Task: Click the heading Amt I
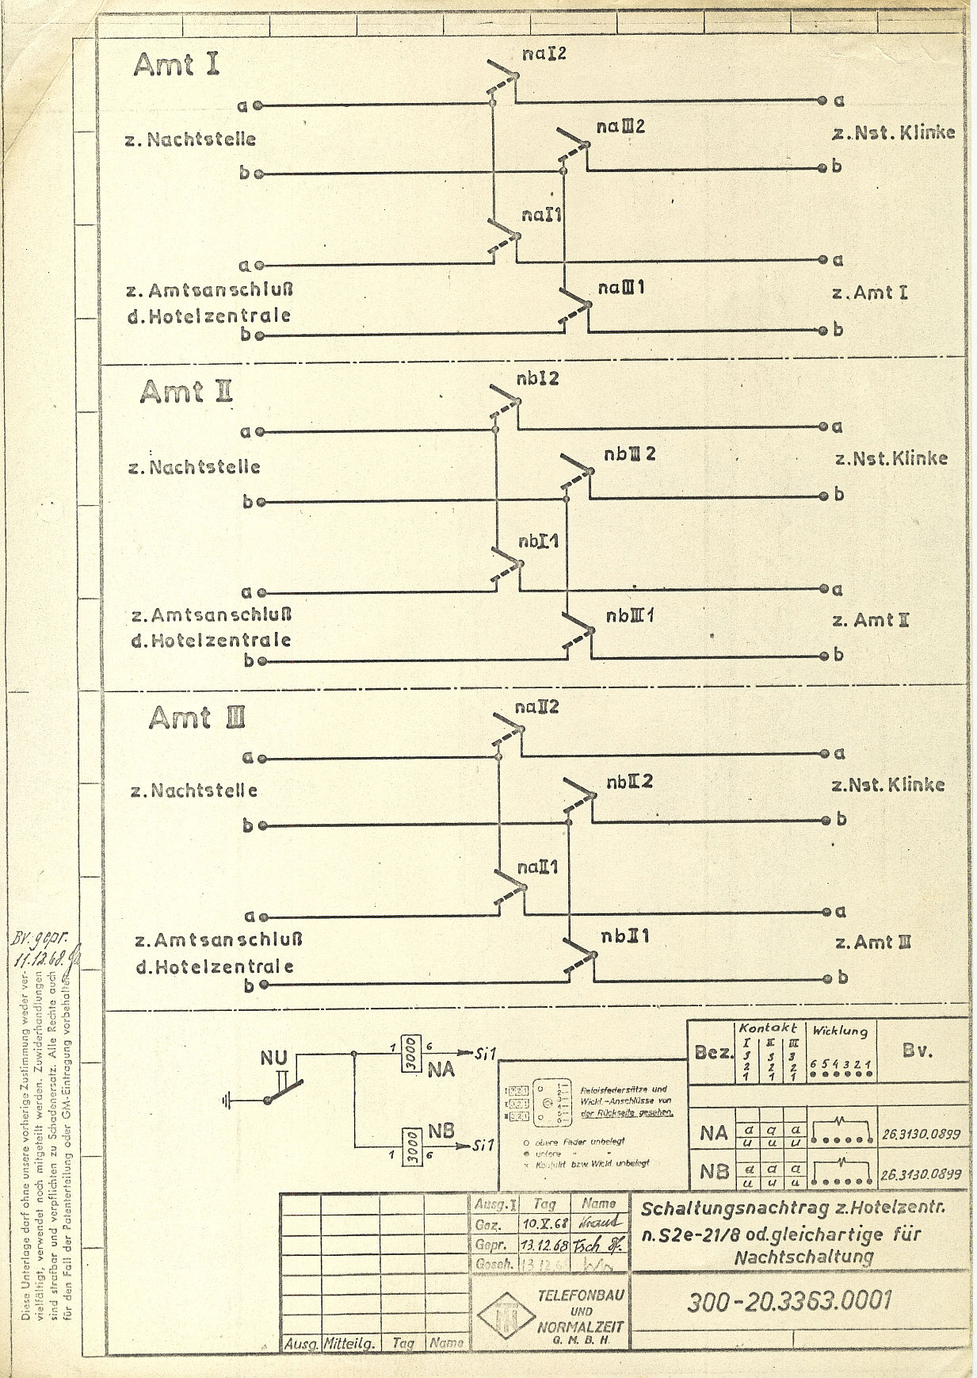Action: point(176,64)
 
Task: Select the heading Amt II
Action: point(186,392)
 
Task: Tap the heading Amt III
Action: point(197,718)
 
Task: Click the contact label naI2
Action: point(544,54)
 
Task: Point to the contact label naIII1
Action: point(621,287)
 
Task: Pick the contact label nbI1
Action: point(539,542)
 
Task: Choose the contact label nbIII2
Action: point(629,454)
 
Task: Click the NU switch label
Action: point(273,1058)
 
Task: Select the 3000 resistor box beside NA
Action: point(410,1055)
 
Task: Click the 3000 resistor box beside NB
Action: point(410,1146)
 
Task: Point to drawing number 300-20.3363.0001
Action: point(790,1300)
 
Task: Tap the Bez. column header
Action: point(714,1053)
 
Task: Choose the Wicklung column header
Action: point(840,1032)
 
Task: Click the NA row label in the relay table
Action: point(713,1133)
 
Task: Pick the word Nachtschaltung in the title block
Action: point(803,1257)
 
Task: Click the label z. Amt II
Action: point(870,620)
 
